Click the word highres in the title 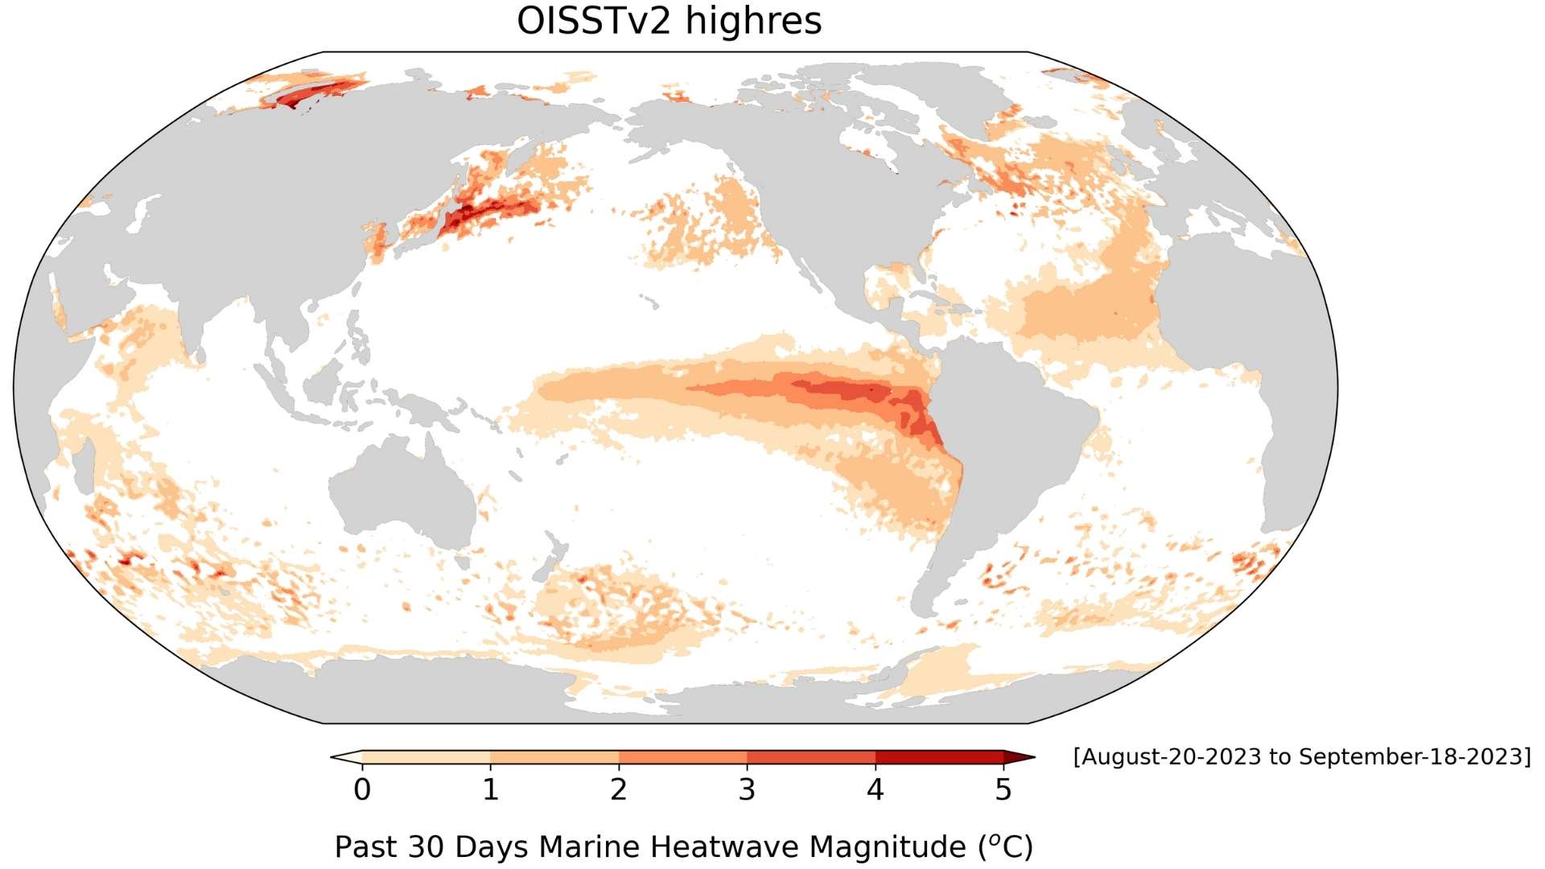[x=753, y=21]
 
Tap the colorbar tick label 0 [x=362, y=790]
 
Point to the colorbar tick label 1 [x=491, y=790]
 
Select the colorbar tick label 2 [x=619, y=790]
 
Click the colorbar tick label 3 [x=747, y=790]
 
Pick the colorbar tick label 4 [x=875, y=790]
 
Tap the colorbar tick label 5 [x=1003, y=790]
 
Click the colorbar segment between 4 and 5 [x=939, y=757]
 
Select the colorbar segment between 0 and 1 [x=426, y=757]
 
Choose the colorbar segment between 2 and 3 [x=682, y=757]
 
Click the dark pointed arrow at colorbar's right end [x=1018, y=757]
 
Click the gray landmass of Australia [x=402, y=491]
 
